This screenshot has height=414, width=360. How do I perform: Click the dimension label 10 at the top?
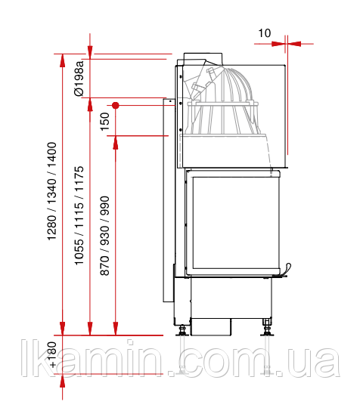click(x=264, y=33)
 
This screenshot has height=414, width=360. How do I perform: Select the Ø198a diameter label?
click(x=79, y=79)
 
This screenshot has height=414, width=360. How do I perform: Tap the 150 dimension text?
click(x=105, y=122)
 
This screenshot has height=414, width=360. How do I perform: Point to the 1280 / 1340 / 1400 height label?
click(x=51, y=191)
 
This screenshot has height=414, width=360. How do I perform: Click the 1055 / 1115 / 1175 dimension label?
click(x=79, y=215)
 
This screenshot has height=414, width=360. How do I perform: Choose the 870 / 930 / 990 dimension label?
click(x=104, y=236)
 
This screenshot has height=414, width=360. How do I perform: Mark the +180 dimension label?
click(x=53, y=354)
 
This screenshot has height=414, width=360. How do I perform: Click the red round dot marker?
click(x=115, y=106)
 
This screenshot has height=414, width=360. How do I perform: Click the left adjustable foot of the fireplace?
click(x=182, y=330)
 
